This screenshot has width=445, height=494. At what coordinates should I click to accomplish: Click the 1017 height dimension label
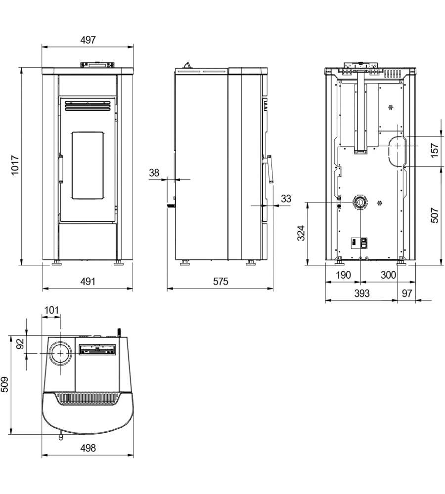point(15,165)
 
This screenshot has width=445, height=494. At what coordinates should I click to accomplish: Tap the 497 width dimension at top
point(88,40)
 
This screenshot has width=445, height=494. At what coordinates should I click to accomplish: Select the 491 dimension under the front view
point(88,281)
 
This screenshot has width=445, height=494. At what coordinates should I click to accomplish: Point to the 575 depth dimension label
point(221,281)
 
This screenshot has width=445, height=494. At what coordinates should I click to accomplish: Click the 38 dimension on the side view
point(154,172)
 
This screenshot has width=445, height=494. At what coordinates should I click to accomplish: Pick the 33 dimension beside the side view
point(286,199)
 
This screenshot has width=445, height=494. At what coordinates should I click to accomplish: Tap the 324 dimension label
point(301,233)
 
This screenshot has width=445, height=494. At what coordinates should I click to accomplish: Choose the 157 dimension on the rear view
point(435,150)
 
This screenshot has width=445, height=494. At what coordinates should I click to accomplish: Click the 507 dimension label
point(435,215)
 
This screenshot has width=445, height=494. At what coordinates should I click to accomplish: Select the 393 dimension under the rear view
point(362,293)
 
